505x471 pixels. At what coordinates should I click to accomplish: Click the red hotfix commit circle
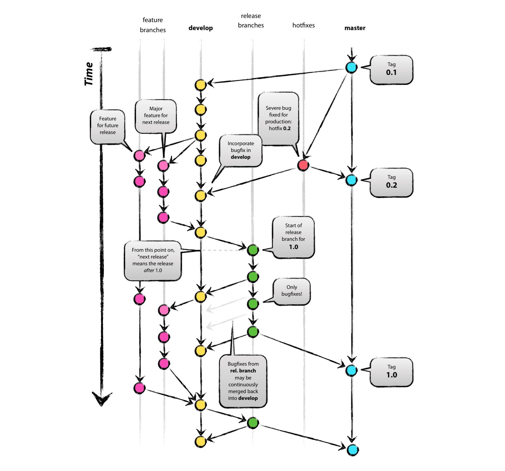[303, 165]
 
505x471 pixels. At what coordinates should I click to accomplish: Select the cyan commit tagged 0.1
[351, 67]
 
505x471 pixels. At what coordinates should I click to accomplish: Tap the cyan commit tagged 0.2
[351, 180]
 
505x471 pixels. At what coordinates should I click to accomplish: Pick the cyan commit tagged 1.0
[351, 370]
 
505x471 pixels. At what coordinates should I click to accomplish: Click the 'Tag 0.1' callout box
[391, 70]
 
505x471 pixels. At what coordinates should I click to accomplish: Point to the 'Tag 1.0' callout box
[391, 372]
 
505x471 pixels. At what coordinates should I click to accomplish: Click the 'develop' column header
[201, 28]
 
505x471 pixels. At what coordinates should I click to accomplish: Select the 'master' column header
[355, 28]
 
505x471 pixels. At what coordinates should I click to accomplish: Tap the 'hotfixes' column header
[304, 25]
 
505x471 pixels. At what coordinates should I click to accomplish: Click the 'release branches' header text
[251, 20]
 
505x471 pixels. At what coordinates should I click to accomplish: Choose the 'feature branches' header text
[153, 25]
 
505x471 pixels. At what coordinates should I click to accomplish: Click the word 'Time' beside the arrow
[88, 74]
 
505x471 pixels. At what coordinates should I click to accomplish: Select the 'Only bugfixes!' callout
[291, 292]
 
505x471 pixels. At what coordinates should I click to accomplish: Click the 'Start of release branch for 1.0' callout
[293, 237]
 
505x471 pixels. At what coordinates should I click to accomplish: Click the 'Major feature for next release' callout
[156, 116]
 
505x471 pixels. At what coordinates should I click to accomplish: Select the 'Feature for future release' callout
[107, 127]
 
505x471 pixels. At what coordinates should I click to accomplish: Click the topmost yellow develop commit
[201, 85]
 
